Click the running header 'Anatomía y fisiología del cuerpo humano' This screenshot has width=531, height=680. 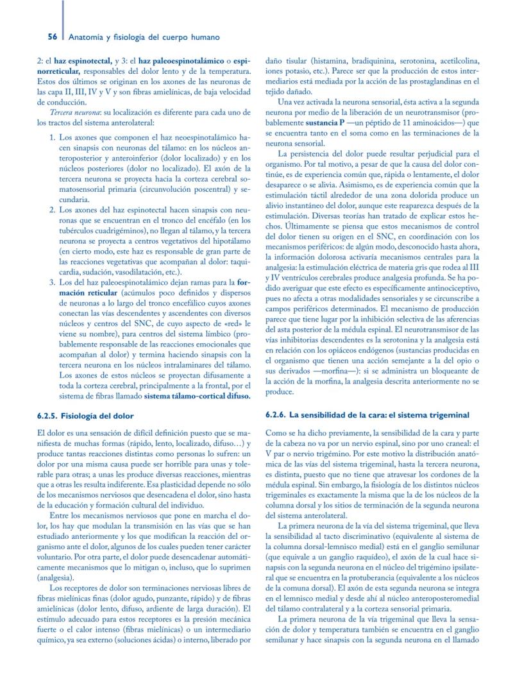[x=144, y=38]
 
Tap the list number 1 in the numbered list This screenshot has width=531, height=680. [x=52, y=138]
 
